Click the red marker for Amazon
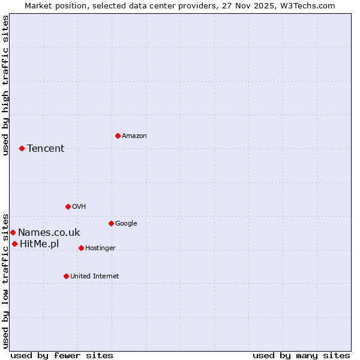(x=118, y=136)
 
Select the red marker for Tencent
(x=22, y=148)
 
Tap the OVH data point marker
(x=68, y=206)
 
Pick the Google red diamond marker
(x=111, y=223)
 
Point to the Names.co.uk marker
(x=13, y=232)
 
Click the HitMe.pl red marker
(x=14, y=244)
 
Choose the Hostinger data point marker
(x=81, y=248)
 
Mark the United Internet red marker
(x=66, y=276)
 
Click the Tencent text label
(x=46, y=148)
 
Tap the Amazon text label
(x=134, y=136)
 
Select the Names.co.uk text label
(x=49, y=232)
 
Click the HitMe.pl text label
(x=40, y=244)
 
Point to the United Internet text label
(x=95, y=276)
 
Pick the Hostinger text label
(x=100, y=248)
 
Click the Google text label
(x=126, y=223)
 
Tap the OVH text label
(x=79, y=206)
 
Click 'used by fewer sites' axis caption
(x=62, y=355)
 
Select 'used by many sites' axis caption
(x=301, y=355)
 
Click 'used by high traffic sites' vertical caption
(x=5, y=85)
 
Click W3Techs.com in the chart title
(x=305, y=5)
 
